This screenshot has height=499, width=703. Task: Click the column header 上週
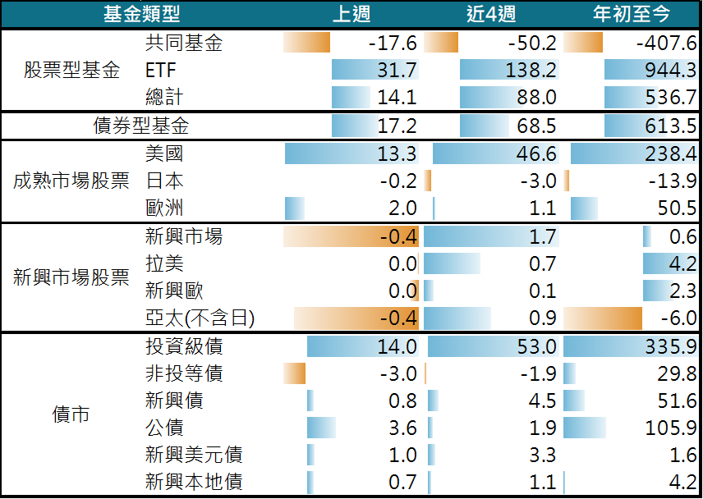(x=351, y=14)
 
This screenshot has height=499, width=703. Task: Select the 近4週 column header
(x=489, y=14)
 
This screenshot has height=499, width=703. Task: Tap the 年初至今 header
(x=632, y=14)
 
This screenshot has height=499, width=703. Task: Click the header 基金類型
(x=141, y=14)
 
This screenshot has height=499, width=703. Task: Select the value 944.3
(x=668, y=70)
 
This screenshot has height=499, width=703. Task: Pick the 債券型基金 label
(x=140, y=126)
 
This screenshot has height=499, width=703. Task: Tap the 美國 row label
(x=163, y=153)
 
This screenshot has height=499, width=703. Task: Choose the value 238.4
(x=668, y=153)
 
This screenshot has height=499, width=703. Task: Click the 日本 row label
(x=163, y=181)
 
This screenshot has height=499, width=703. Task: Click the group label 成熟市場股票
(x=71, y=181)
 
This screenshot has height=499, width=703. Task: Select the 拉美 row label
(x=163, y=263)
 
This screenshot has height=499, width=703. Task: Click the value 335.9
(x=668, y=346)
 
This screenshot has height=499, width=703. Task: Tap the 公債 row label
(x=163, y=428)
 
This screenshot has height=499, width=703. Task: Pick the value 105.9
(x=668, y=428)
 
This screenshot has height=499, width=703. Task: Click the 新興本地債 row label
(x=193, y=482)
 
